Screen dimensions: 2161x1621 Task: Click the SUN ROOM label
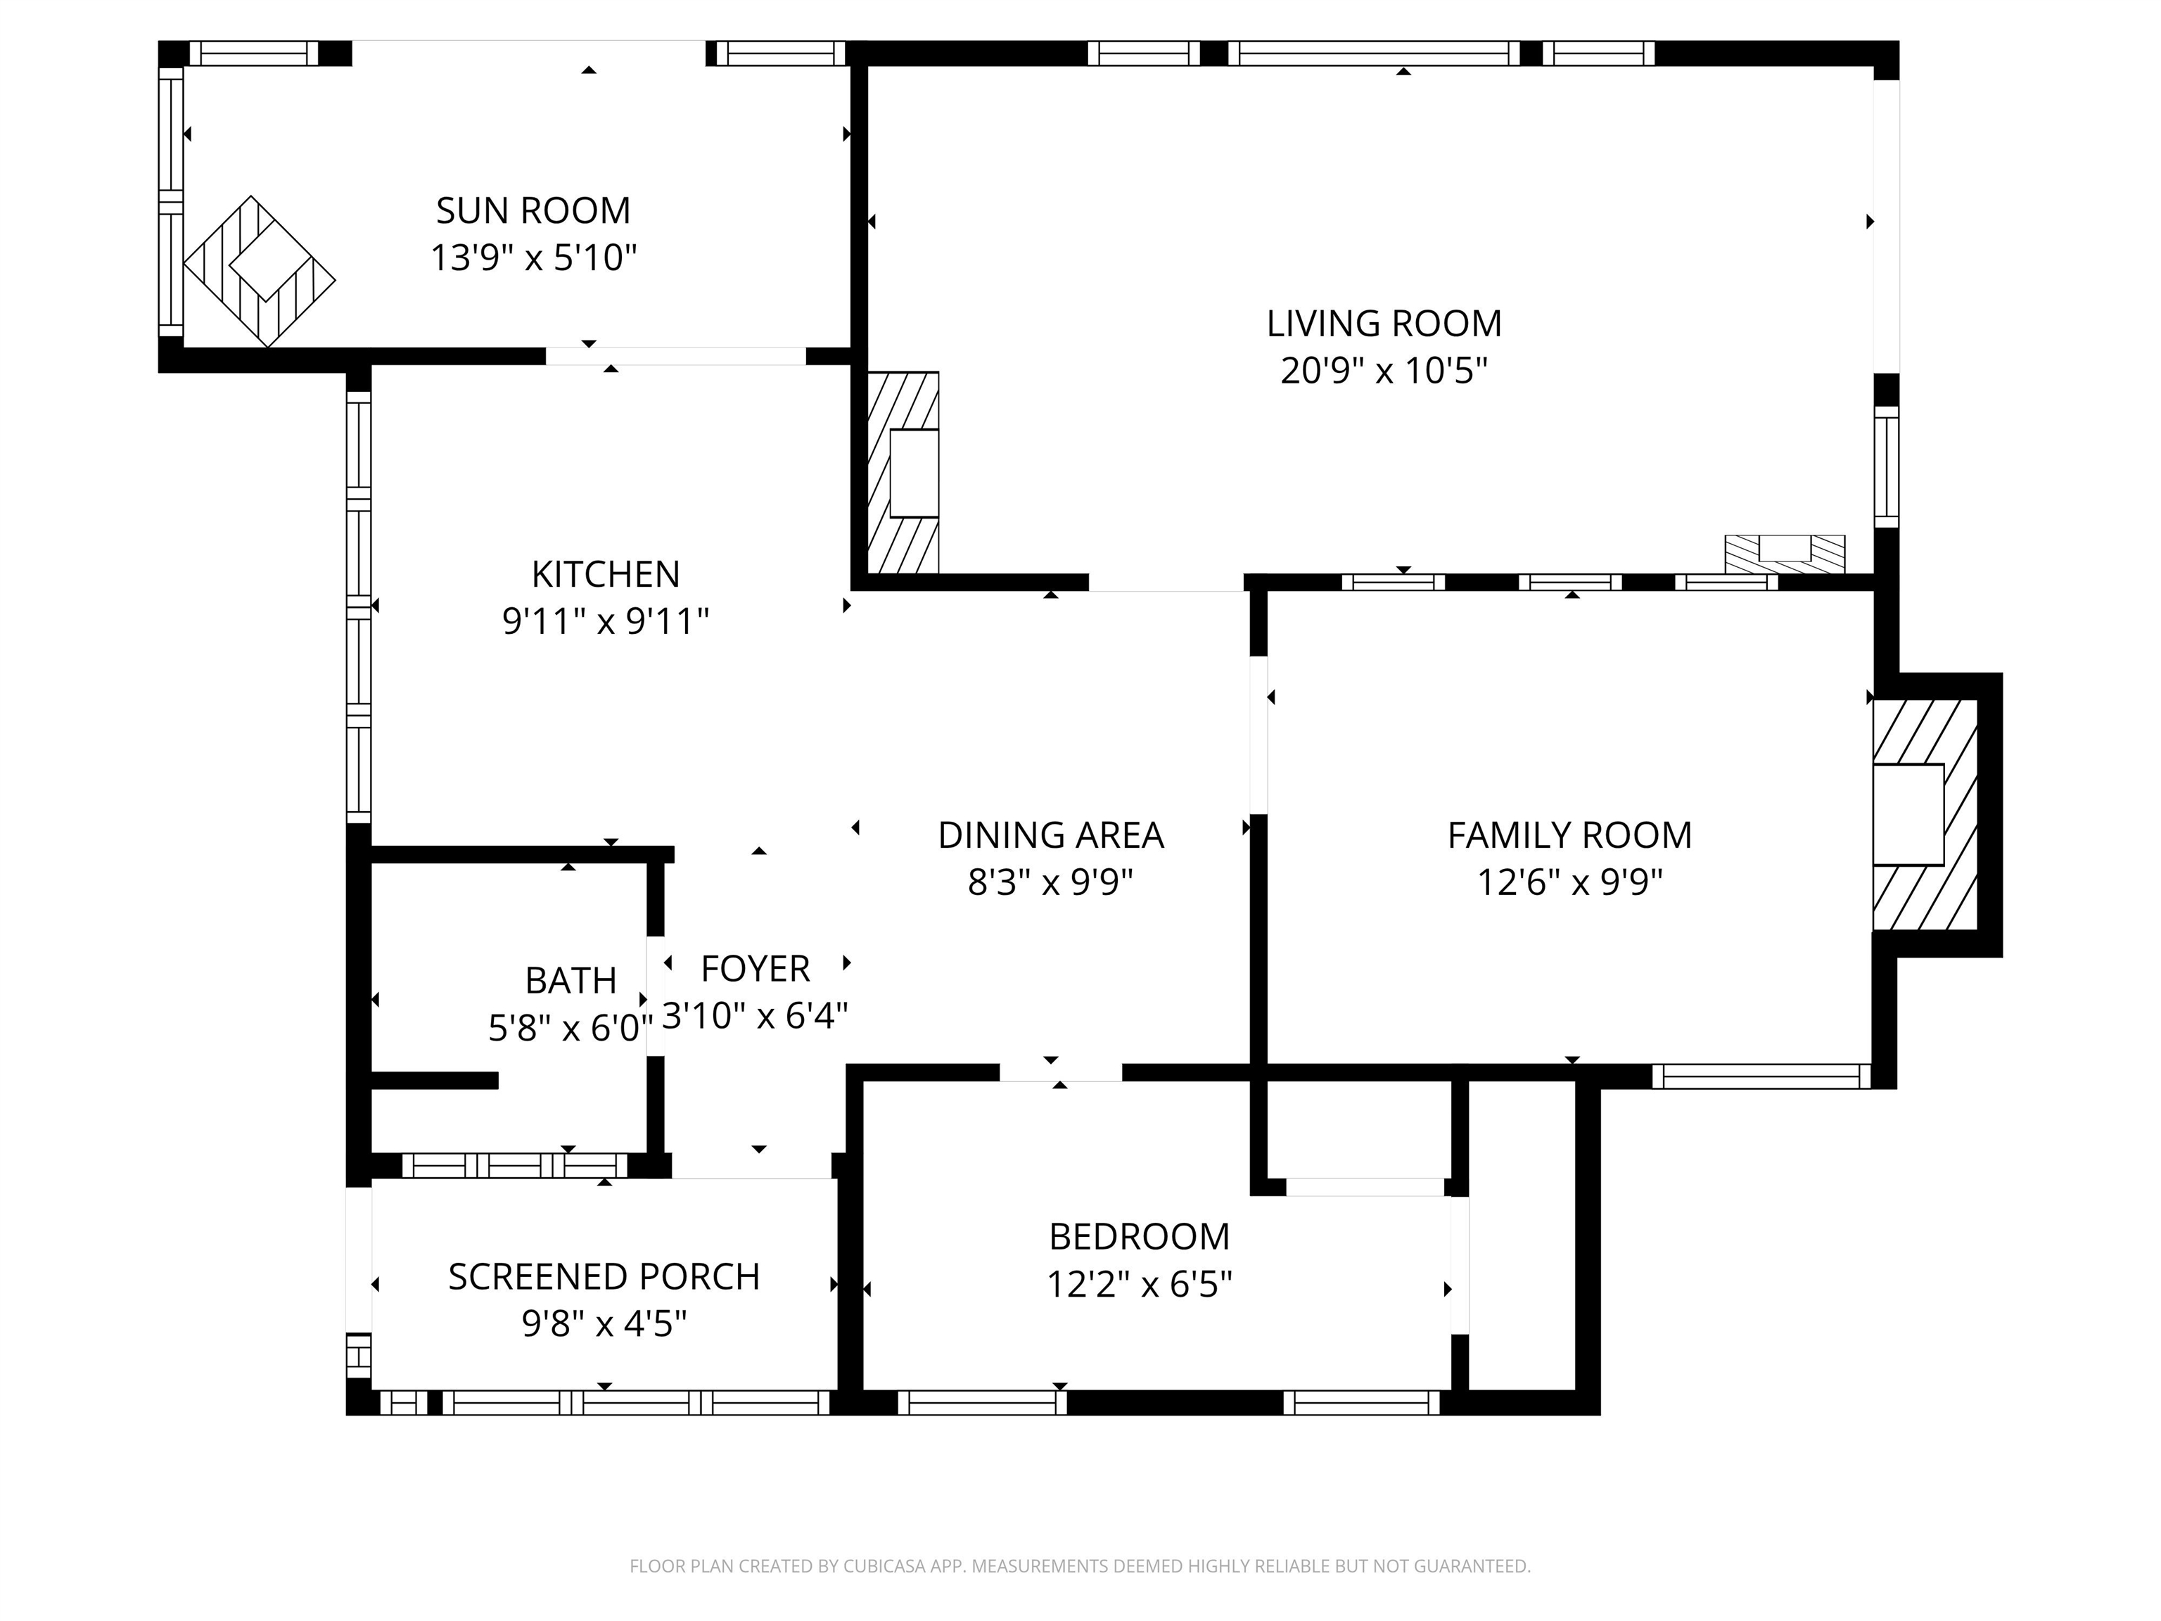pos(533,210)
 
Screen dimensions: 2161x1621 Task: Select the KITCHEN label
pos(606,573)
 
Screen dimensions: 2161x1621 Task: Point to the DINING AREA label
pos(1050,834)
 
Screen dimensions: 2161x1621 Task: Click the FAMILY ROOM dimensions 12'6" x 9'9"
pos(1569,882)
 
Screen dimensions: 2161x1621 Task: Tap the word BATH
pos(570,979)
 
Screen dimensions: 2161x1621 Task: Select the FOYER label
pos(756,968)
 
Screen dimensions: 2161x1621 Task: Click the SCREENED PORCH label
pos(604,1276)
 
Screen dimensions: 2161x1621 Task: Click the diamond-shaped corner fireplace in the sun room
pos(260,272)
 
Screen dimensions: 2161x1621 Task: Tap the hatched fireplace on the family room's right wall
pos(1925,814)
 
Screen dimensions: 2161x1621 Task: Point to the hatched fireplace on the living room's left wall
pos(903,472)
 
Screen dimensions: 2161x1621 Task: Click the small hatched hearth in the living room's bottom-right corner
pos(1785,554)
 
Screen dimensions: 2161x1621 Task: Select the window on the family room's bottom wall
pos(1761,1076)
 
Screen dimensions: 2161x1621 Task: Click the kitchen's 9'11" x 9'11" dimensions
pos(606,621)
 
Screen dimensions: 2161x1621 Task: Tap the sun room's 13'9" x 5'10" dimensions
pos(533,258)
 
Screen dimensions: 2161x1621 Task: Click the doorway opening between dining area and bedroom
pos(1060,1072)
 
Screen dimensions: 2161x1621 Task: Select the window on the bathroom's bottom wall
pos(515,1164)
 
